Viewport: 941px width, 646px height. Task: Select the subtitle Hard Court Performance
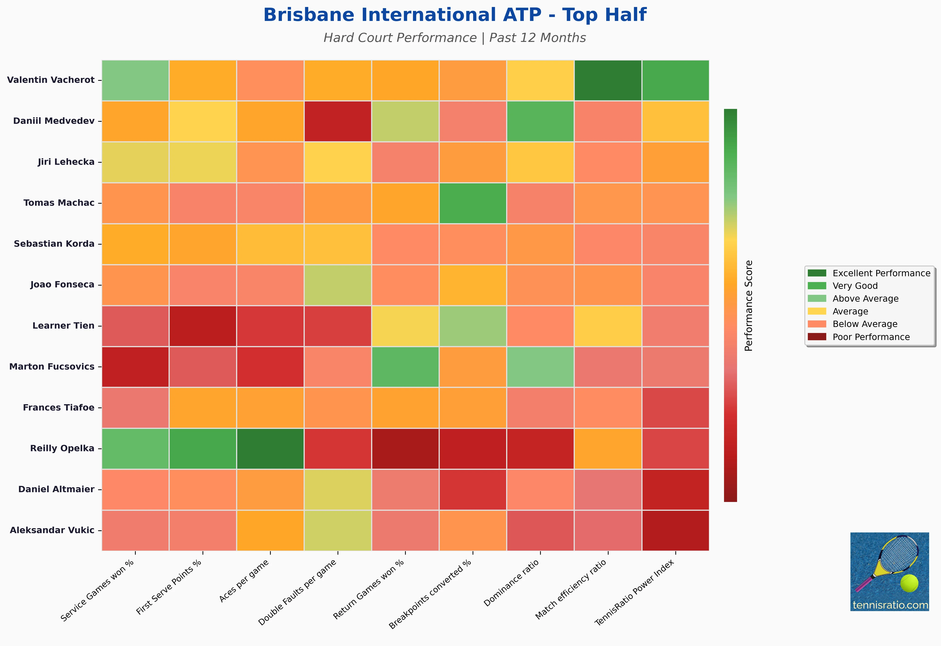pos(400,38)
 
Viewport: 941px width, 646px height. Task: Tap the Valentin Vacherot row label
pos(51,80)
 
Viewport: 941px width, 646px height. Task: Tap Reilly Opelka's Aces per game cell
pos(270,448)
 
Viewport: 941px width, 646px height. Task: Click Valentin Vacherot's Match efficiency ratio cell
pos(608,80)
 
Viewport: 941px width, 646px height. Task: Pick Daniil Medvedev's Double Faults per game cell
pos(338,121)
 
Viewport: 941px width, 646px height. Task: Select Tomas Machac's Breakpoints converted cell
pos(473,203)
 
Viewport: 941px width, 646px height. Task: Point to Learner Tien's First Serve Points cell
pos(203,326)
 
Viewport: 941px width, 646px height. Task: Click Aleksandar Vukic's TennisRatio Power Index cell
pos(675,530)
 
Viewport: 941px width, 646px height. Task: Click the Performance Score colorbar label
pos(749,306)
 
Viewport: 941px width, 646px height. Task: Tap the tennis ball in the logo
pos(909,583)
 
